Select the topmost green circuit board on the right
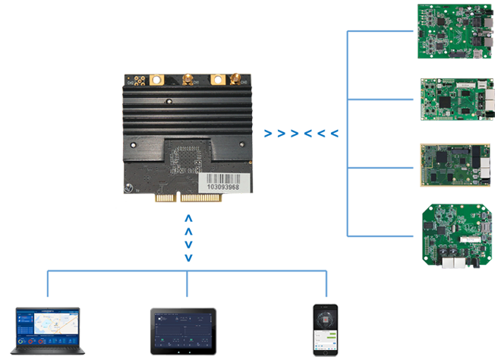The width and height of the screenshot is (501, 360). [452, 35]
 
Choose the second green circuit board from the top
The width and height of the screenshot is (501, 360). [452, 99]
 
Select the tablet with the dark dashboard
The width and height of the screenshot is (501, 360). [182, 331]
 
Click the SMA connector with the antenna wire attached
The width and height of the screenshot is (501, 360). [185, 77]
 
